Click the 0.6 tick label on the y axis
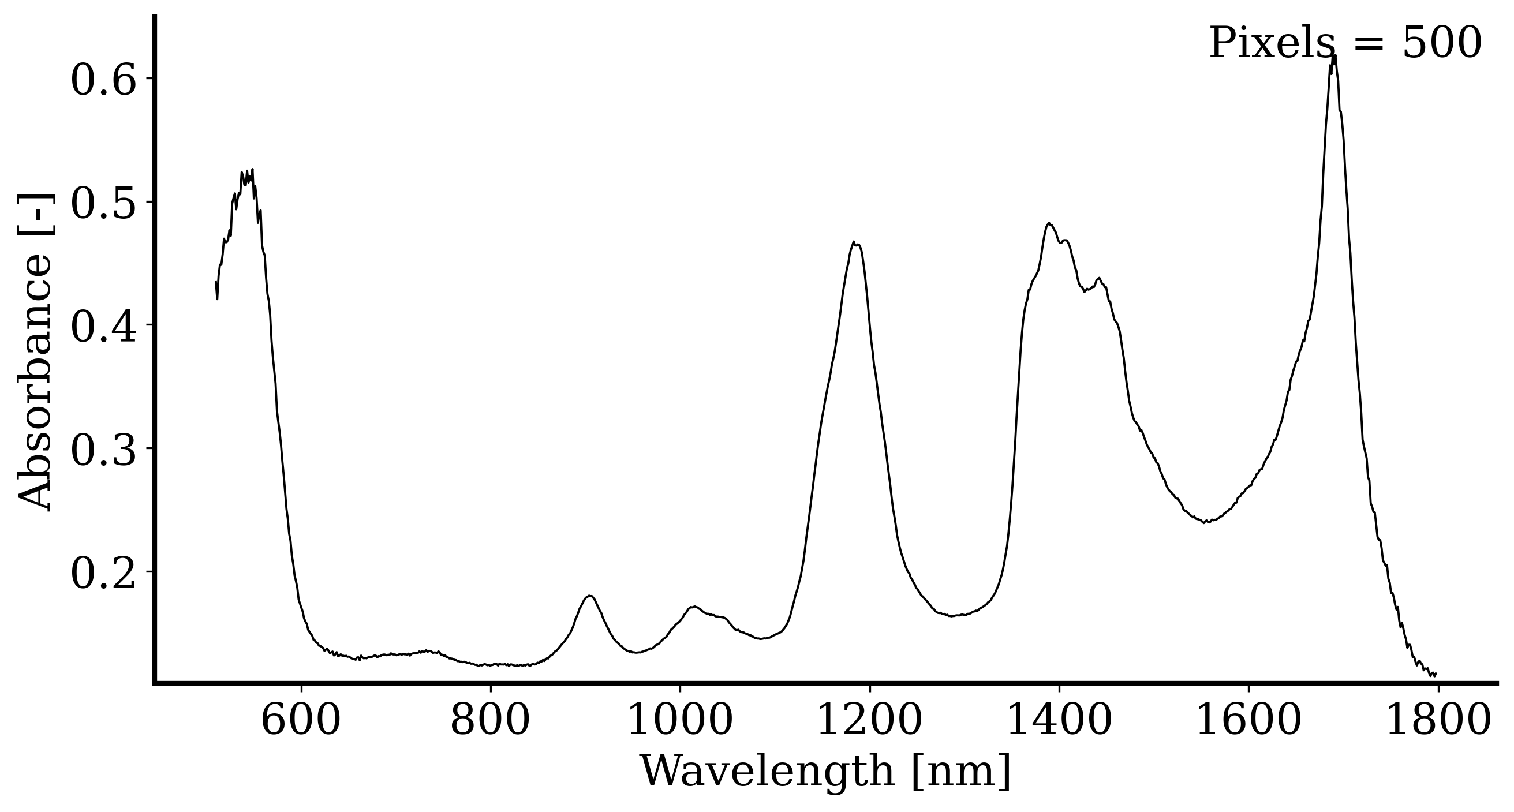coord(103,80)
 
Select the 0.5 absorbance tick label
coord(103,203)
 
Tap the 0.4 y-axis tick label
coord(103,327)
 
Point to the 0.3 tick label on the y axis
coord(103,450)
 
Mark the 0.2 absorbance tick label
coord(103,574)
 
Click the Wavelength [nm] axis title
coord(825,772)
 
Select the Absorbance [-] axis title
coord(35,353)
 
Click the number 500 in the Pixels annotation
coord(1441,43)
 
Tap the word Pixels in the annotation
coord(1269,43)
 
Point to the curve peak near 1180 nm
coord(853,242)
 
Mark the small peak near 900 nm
coord(589,596)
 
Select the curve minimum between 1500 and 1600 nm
coord(1206,522)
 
